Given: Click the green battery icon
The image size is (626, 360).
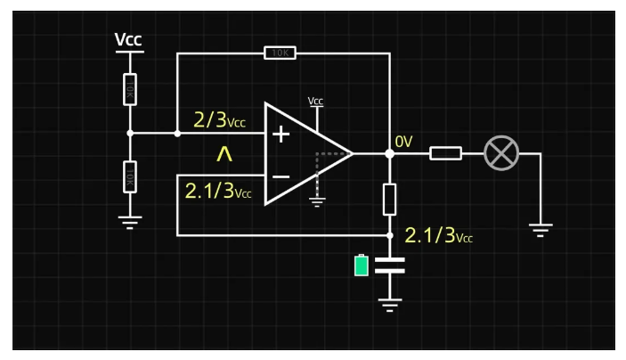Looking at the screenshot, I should point(361,266).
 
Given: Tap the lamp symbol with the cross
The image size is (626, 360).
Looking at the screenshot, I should point(500,154).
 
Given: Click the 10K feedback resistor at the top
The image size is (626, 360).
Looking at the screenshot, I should point(280,53).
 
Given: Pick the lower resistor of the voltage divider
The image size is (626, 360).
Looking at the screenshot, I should point(130,176).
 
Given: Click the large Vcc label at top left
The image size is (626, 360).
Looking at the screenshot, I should point(129,40).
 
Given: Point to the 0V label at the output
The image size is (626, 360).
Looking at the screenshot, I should point(404,141).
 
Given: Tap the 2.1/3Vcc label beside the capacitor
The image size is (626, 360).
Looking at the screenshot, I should point(438,236).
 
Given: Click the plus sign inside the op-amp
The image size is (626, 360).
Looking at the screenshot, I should point(280,135).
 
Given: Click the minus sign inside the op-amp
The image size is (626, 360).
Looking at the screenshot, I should point(280,176).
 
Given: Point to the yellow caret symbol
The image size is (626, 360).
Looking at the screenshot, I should point(224,155).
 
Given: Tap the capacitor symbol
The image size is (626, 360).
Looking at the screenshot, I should point(389,264).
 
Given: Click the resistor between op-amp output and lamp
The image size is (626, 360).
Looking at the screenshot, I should point(445,154).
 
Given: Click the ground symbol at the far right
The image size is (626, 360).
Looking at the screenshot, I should point(540,228).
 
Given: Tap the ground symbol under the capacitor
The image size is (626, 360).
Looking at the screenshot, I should point(389,306).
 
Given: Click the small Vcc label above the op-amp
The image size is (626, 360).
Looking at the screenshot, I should point(316,102).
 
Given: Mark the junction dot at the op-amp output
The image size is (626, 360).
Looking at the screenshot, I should point(389,154).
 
